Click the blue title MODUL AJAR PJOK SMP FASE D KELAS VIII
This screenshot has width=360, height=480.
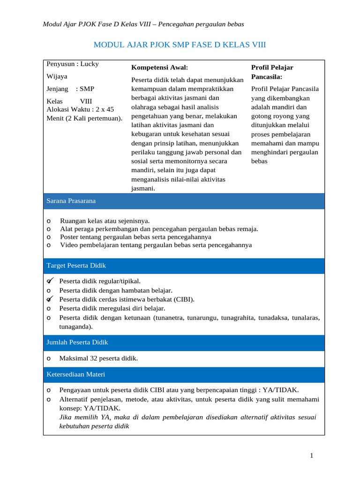(180, 45)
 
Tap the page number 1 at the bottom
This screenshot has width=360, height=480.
(311, 456)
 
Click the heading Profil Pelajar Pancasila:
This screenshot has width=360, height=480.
(272, 72)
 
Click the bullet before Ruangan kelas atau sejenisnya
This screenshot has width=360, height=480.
(49, 221)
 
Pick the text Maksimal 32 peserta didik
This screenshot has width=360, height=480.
(98, 359)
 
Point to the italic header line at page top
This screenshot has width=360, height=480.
(143, 24)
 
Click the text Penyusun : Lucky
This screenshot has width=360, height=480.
(73, 64)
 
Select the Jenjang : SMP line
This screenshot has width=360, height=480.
(70, 88)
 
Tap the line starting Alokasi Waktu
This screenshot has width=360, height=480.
(80, 109)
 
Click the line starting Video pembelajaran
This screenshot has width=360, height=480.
(156, 245)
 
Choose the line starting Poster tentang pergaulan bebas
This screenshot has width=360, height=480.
(135, 237)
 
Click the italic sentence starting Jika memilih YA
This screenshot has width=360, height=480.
(187, 417)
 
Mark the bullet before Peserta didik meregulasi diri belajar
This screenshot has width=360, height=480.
(49, 308)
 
